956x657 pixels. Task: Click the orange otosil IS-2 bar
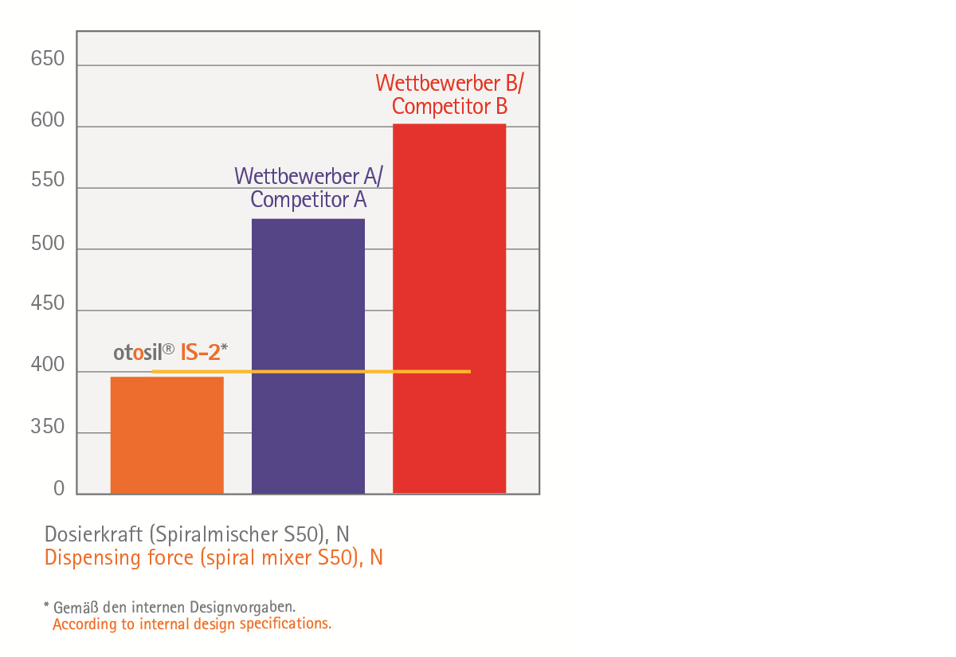point(167,435)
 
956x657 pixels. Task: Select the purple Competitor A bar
point(308,356)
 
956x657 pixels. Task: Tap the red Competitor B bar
point(449,308)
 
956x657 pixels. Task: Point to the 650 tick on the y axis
point(48,59)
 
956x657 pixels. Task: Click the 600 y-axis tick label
point(48,120)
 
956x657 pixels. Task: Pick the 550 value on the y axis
point(48,181)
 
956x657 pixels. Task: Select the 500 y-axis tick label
point(48,244)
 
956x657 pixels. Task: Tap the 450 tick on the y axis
point(48,304)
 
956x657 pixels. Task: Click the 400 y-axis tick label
point(48,366)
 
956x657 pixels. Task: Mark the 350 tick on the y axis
point(48,427)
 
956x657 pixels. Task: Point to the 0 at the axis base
point(59,489)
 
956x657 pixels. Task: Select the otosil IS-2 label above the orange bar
point(170,352)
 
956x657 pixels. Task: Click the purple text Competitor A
point(308,199)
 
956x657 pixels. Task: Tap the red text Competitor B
point(450,106)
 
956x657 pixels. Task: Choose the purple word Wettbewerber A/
point(308,175)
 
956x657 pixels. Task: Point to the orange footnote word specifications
point(288,624)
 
